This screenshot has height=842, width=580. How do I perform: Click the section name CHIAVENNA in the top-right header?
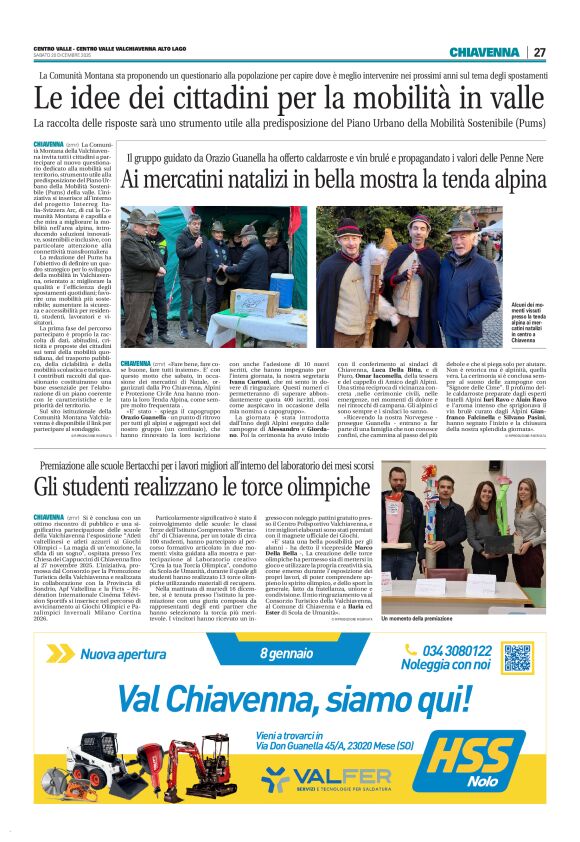tap(484, 52)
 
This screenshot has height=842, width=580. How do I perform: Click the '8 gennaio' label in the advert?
tap(290, 654)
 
